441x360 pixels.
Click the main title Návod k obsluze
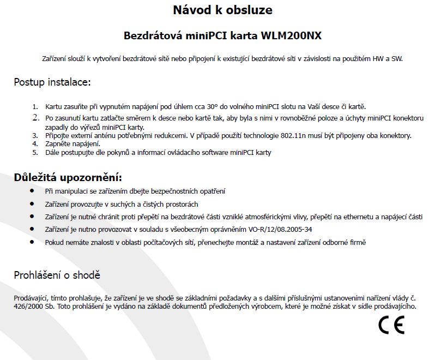222,10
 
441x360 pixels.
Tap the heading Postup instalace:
52,82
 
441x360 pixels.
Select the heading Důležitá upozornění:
68,177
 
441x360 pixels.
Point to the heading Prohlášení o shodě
57,275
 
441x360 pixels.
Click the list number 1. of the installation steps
35,107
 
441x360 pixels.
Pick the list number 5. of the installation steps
35,153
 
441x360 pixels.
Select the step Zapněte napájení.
73,144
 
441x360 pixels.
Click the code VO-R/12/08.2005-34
281,229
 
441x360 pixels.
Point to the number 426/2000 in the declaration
26,307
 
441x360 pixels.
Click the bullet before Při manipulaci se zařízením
32,191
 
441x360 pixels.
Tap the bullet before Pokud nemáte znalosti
32,241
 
